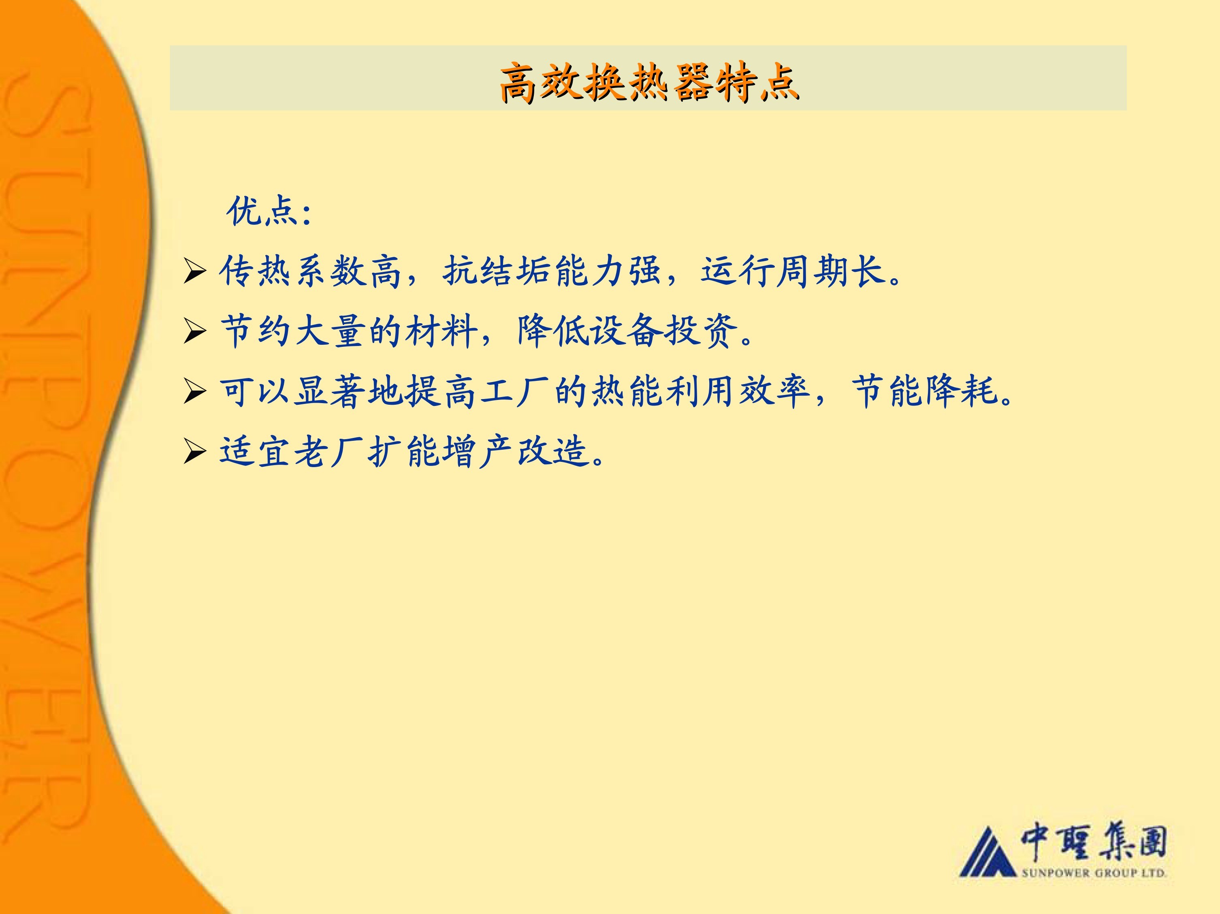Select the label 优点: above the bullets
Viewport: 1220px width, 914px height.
coord(269,211)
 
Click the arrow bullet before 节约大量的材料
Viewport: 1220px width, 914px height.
coord(195,331)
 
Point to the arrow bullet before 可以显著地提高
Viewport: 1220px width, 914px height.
coord(195,392)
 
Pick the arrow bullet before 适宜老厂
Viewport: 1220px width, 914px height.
coord(195,452)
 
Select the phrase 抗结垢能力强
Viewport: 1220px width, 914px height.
coord(552,271)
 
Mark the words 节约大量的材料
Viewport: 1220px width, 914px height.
coord(349,331)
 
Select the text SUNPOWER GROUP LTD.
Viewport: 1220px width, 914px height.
coord(1094,873)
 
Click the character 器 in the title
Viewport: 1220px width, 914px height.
coord(692,83)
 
